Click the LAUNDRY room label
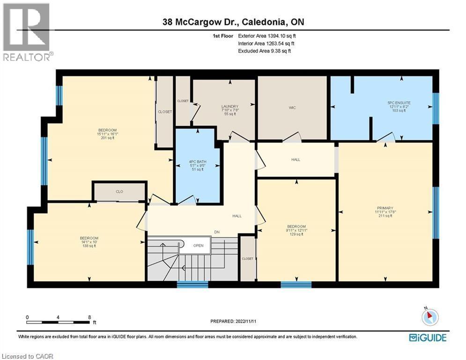tap(230, 106)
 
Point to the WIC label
tap(292, 107)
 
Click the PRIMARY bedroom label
tap(385, 208)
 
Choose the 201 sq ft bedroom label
tap(107, 130)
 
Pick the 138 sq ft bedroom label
tap(89, 238)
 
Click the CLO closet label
tap(119, 191)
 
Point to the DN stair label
tap(216, 232)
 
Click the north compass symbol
tap(429, 317)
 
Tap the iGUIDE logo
tap(427, 337)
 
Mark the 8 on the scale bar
tap(89, 317)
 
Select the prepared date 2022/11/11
tap(233, 322)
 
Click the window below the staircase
tap(192, 284)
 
